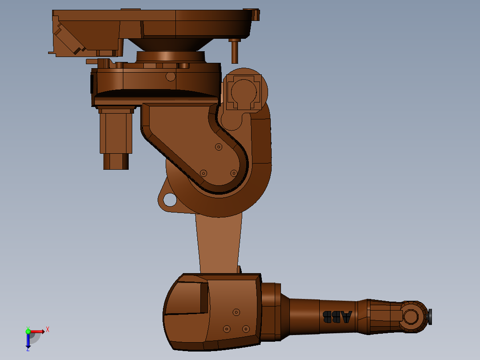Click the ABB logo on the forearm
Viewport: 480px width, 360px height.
click(337, 317)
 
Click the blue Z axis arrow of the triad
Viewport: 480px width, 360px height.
click(28, 342)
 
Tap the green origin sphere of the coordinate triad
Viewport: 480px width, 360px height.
click(28, 331)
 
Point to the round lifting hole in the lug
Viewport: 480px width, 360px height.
click(170, 200)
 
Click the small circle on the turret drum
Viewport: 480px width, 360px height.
click(171, 77)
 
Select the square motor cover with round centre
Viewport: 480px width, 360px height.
click(243, 92)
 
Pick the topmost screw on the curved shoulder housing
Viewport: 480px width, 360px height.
click(218, 147)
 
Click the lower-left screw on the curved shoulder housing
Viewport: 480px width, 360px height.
click(203, 173)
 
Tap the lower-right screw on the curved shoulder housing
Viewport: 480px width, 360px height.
click(234, 173)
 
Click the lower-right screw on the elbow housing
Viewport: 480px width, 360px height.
click(246, 329)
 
